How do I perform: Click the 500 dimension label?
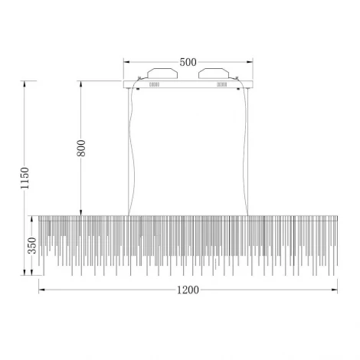[188, 62]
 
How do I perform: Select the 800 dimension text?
[81, 148]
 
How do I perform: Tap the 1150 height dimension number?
[25, 178]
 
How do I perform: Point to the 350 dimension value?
[32, 245]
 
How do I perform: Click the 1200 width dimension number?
[188, 290]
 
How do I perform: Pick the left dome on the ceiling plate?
[162, 73]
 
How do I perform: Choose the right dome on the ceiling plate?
[214, 73]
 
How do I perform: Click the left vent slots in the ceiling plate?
[154, 84]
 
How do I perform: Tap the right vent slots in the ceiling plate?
[222, 84]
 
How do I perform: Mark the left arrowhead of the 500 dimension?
[127, 62]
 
